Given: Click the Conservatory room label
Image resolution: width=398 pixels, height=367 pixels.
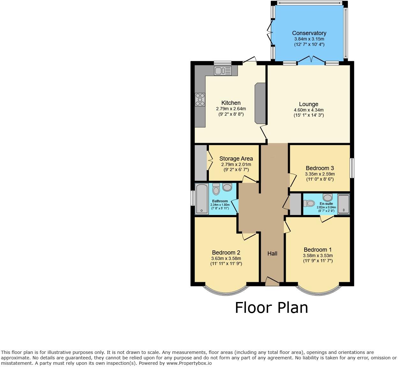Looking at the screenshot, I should pyautogui.click(x=309, y=33).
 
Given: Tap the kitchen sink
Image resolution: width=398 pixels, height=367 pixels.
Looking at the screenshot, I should pyautogui.click(x=222, y=71).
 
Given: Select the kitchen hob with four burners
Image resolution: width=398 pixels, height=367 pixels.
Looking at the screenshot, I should pyautogui.click(x=200, y=99).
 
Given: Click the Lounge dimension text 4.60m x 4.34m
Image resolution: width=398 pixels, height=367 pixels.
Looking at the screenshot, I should pyautogui.click(x=308, y=110).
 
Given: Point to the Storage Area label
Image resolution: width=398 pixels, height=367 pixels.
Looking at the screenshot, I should pyautogui.click(x=236, y=159).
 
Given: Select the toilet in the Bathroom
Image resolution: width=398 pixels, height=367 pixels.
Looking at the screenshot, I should pyautogui.click(x=216, y=190).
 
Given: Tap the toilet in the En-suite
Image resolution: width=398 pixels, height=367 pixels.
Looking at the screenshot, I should pyautogui.click(x=309, y=203).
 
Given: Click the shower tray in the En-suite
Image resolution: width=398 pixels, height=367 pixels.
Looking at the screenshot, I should pyautogui.click(x=343, y=204).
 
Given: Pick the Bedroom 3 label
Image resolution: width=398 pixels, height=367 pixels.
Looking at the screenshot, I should pyautogui.click(x=320, y=168).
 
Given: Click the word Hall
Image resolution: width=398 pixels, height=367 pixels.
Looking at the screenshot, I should pyautogui.click(x=272, y=254).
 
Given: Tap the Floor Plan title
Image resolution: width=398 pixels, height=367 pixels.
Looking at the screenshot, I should pyautogui.click(x=271, y=308).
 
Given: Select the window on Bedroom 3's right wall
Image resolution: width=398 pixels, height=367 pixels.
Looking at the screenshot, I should pyautogui.click(x=352, y=168).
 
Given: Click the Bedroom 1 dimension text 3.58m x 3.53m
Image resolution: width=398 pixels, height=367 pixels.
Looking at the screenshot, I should pyautogui.click(x=318, y=255).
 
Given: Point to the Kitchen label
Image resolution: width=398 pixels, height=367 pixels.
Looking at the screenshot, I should pyautogui.click(x=231, y=103).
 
